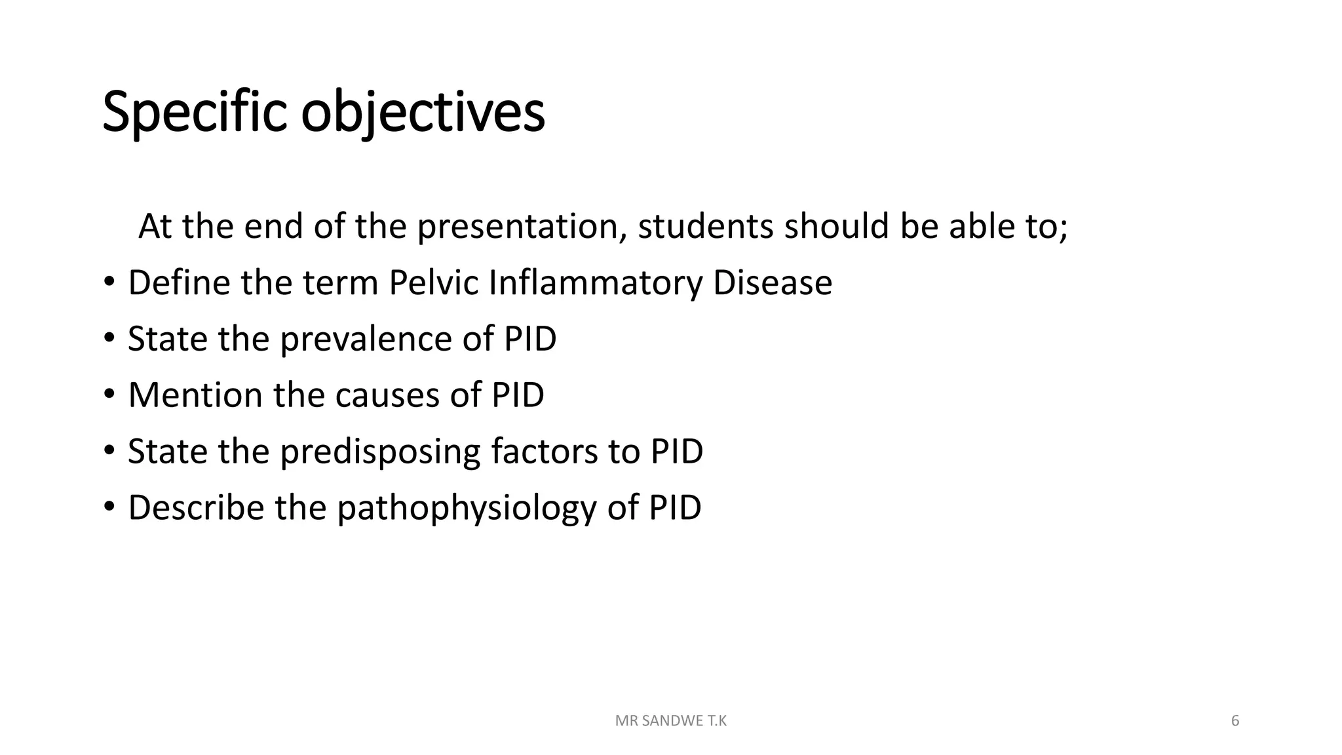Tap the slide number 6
(x=1235, y=721)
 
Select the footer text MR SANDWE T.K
(x=671, y=721)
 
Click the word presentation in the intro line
(x=518, y=227)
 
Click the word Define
(x=179, y=283)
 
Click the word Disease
(x=772, y=283)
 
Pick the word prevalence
(x=366, y=339)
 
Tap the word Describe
(x=195, y=508)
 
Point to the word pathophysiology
(x=466, y=508)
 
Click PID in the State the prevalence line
(x=529, y=339)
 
